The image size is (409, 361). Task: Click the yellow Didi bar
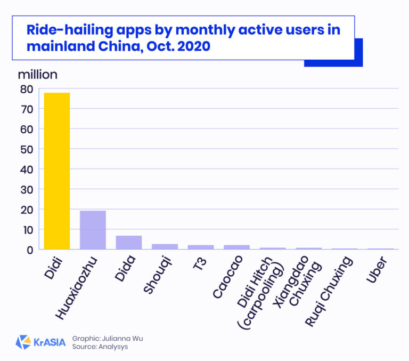click(x=56, y=171)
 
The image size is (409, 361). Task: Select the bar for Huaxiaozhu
click(x=93, y=230)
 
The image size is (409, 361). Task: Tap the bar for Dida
click(x=129, y=243)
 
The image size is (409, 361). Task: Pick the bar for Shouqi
click(x=165, y=246)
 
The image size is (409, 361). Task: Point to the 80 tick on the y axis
click(x=27, y=89)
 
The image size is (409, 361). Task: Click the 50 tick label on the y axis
click(x=27, y=149)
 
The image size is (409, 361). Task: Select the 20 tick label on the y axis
click(x=27, y=210)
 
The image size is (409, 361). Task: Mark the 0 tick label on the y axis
click(x=30, y=250)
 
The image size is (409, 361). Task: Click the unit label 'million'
click(x=37, y=74)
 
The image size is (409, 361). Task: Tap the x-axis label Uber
click(x=380, y=269)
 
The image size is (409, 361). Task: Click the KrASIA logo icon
click(x=23, y=342)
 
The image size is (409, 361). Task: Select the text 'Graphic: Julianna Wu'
click(x=107, y=338)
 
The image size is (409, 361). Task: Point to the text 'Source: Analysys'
click(x=100, y=347)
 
